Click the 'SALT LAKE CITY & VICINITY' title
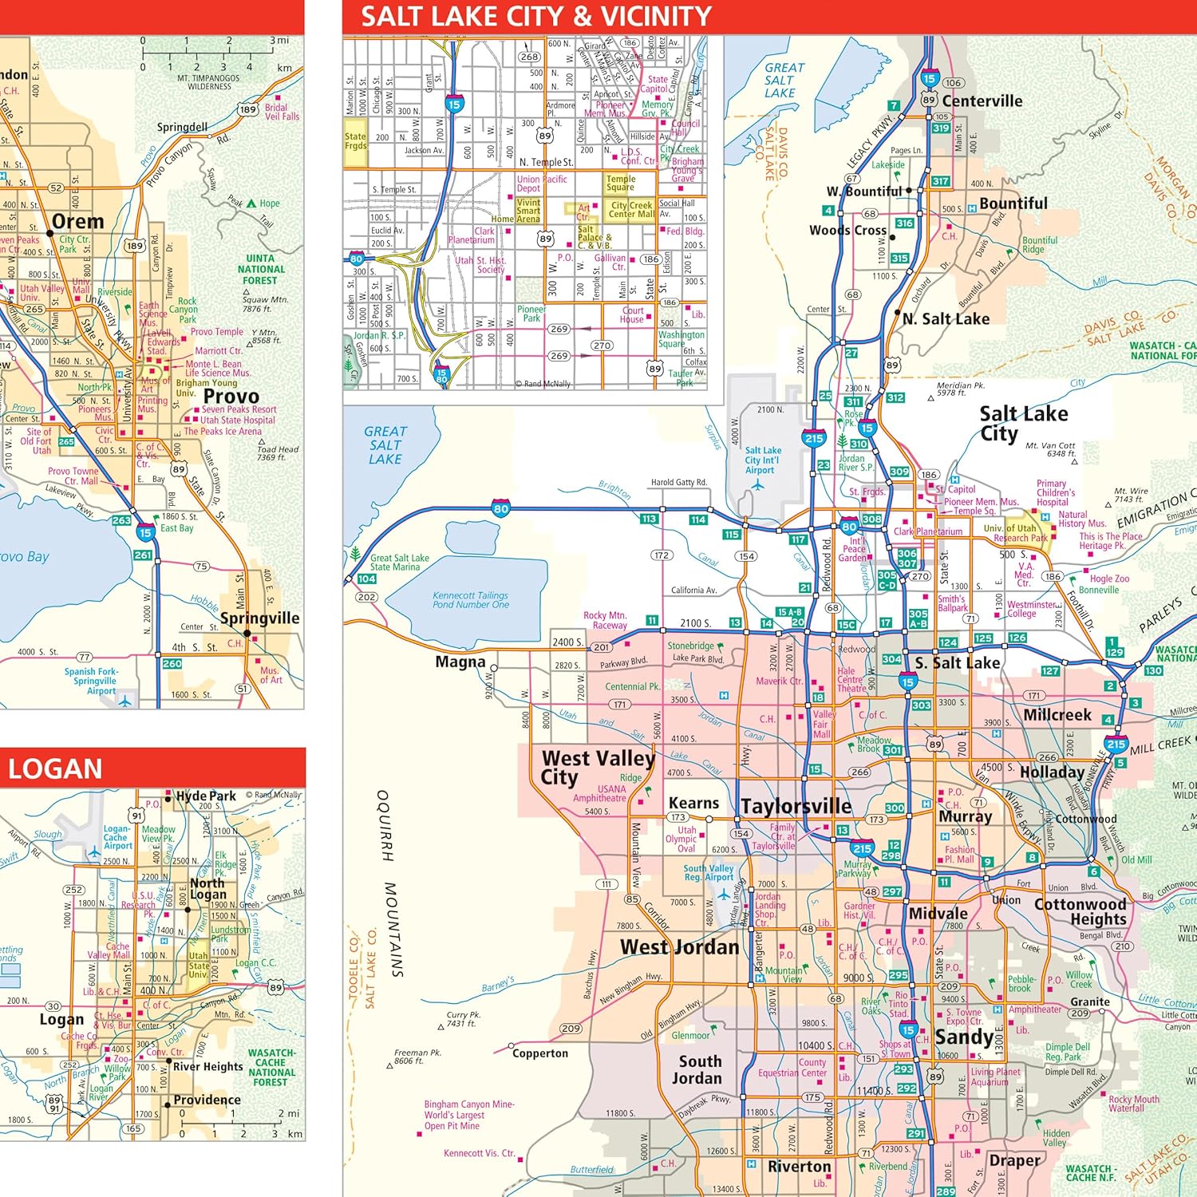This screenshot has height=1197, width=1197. pyautogui.click(x=535, y=16)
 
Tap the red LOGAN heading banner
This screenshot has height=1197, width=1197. pyautogui.click(x=55, y=768)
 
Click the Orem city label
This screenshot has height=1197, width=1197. pyautogui.click(x=77, y=221)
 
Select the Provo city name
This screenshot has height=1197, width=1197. pyautogui.click(x=231, y=397)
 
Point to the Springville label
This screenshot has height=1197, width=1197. pyautogui.click(x=259, y=618)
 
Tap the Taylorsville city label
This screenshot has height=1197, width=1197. pyautogui.click(x=796, y=806)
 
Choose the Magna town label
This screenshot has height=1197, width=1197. pyautogui.click(x=460, y=662)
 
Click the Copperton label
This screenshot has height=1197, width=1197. pyautogui.click(x=540, y=1053)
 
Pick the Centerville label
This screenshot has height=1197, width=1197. pyautogui.click(x=982, y=101)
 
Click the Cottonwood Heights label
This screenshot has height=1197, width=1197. pyautogui.click(x=1080, y=911)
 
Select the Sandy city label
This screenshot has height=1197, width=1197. pyautogui.click(x=963, y=1037)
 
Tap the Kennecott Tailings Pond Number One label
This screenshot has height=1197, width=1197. pyautogui.click(x=470, y=600)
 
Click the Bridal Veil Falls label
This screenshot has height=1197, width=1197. pyautogui.click(x=282, y=112)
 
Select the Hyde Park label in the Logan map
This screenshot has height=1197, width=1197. pyautogui.click(x=205, y=796)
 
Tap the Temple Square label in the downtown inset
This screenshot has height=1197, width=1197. pyautogui.click(x=620, y=183)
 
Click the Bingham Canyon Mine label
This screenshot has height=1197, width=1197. pyautogui.click(x=468, y=1115)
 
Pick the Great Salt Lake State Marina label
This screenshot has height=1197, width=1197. pyautogui.click(x=399, y=563)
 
